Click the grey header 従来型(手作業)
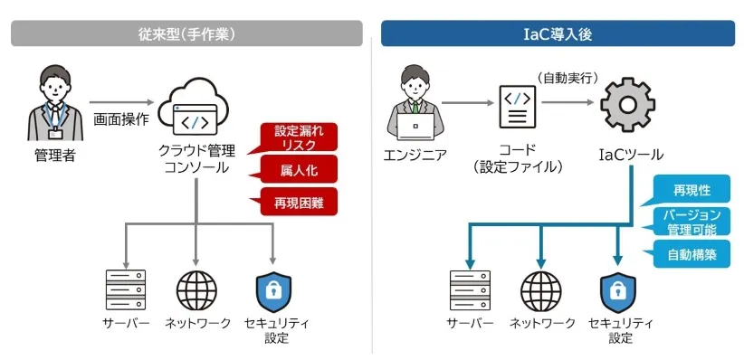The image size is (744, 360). point(186,33)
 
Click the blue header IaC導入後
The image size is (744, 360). point(557,33)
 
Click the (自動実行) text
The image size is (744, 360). point(568,78)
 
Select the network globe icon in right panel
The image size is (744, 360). point(541,290)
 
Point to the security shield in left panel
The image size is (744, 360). point(272,289)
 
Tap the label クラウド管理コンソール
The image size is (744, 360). point(196,161)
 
